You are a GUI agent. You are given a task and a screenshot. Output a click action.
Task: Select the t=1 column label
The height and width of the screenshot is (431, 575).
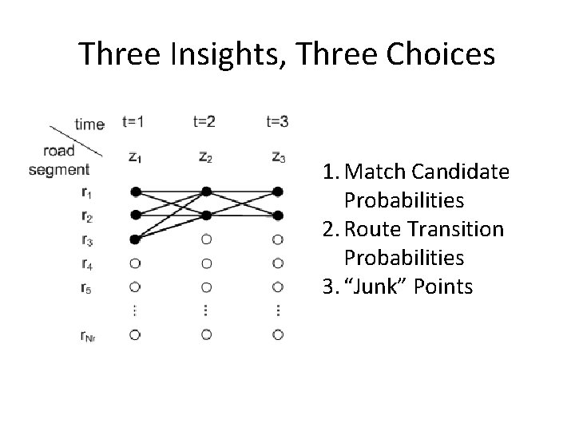(134, 122)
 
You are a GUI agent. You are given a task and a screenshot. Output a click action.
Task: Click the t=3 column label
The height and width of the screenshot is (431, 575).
(277, 122)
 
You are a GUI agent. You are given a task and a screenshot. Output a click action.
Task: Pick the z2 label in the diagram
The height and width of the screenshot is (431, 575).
(206, 157)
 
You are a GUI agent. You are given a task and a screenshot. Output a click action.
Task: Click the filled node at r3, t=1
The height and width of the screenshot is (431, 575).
(135, 239)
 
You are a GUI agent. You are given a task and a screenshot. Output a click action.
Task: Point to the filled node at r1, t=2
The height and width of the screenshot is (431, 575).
(206, 192)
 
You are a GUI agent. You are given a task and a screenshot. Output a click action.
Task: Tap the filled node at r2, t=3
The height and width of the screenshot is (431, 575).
(277, 215)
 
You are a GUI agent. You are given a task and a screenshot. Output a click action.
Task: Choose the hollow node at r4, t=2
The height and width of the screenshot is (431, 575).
(206, 263)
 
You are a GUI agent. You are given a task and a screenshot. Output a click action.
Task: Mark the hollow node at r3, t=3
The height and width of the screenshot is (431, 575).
(277, 239)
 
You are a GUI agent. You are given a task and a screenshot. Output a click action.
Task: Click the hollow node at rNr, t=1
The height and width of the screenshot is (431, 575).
(135, 334)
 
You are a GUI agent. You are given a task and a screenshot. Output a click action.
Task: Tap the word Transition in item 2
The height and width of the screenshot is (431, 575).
(458, 229)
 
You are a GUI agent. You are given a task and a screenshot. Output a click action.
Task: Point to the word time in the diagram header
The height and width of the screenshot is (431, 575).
(89, 124)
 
